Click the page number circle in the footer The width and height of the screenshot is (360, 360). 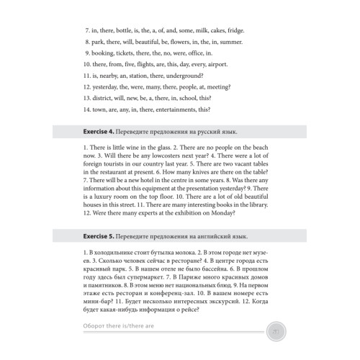(276, 330)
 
